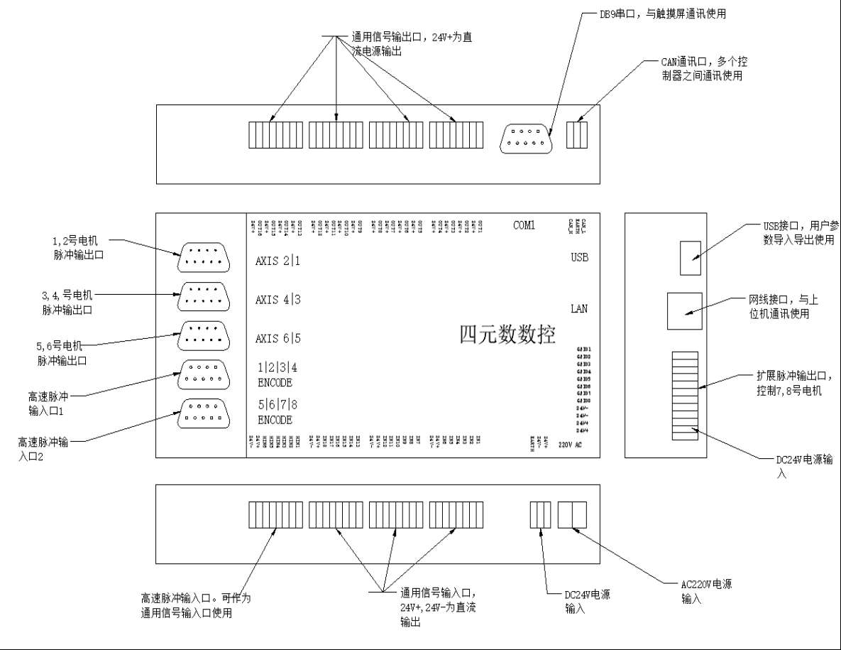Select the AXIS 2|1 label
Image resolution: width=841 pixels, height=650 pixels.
277,261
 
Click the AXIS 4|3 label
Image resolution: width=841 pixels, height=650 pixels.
277,300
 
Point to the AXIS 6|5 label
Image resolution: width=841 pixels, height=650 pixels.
277,338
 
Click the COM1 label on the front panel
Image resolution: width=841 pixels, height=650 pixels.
524,226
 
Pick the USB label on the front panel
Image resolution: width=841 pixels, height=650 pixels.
579,257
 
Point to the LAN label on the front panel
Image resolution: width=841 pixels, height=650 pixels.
579,309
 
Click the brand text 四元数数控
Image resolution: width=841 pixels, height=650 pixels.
507,335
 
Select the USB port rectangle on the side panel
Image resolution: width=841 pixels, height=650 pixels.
691,257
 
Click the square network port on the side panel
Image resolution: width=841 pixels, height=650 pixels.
684,310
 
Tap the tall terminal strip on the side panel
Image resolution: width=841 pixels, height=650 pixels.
684,395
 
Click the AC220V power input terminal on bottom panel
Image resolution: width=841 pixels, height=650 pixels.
573,515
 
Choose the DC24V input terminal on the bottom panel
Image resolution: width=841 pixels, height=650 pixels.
541,515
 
